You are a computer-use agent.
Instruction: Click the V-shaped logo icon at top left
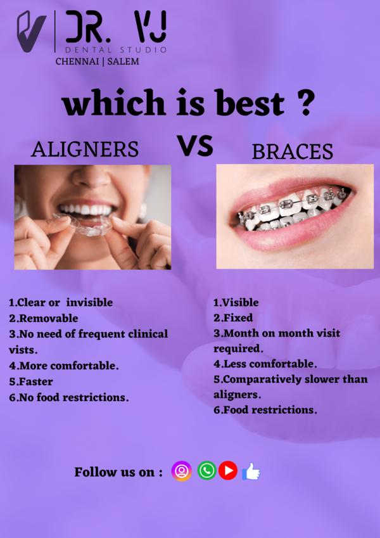tap(31, 32)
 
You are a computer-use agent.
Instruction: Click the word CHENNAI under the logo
tap(77, 61)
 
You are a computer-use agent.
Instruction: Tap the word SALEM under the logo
tap(123, 61)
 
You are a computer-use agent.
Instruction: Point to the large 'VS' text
tap(195, 146)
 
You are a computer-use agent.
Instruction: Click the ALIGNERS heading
tap(85, 150)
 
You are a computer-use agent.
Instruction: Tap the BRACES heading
tap(293, 151)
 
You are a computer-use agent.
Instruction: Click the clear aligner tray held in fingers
tap(85, 225)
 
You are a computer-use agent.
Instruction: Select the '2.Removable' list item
tap(44, 318)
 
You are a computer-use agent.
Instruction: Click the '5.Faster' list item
tap(31, 381)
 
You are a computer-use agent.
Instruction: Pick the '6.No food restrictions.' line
tap(69, 397)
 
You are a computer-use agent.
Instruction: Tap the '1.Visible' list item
tap(236, 302)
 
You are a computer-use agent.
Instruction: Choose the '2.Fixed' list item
tap(233, 317)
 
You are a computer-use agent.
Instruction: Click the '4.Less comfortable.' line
tap(265, 364)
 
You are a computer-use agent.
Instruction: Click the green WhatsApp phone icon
tap(207, 470)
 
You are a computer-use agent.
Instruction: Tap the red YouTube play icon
tap(228, 470)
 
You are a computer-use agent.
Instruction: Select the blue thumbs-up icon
tap(251, 471)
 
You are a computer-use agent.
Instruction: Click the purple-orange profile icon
tap(181, 471)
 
